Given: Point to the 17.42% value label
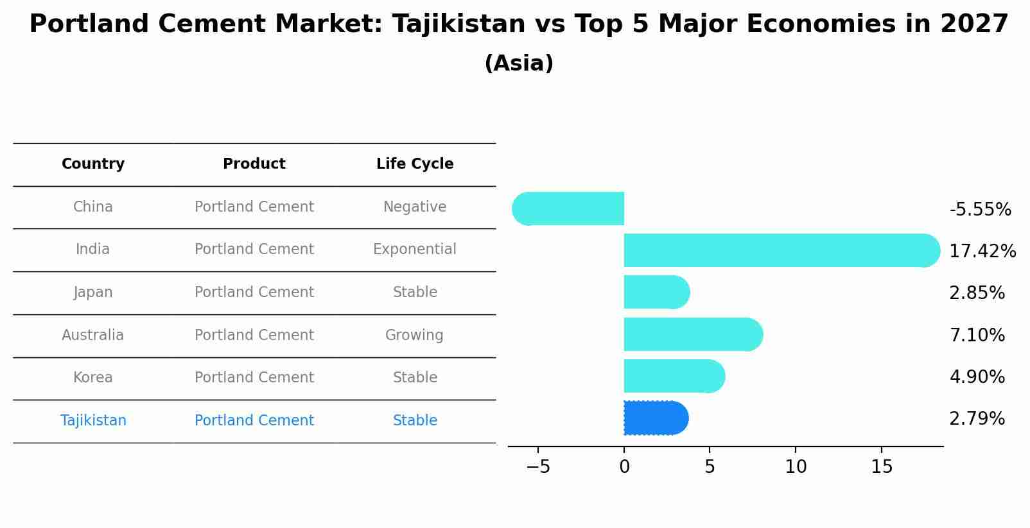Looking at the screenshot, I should point(982,251).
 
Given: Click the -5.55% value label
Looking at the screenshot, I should point(980,210).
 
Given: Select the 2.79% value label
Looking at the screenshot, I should point(977,419).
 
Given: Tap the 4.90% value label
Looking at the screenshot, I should point(977,377).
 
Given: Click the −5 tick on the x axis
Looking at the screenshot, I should point(538,467).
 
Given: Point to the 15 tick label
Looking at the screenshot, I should point(882,467).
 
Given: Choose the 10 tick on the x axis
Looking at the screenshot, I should point(796,467).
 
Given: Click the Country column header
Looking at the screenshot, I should point(93,164).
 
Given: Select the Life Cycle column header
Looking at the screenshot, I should point(415,164).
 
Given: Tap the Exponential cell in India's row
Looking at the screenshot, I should point(415,250).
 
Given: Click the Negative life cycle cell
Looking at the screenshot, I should point(415,207).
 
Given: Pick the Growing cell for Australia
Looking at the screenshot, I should point(414,335).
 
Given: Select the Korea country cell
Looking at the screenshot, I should point(93,378).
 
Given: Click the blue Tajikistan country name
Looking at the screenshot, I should point(93,420).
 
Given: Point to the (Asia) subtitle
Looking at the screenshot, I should point(519,64).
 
